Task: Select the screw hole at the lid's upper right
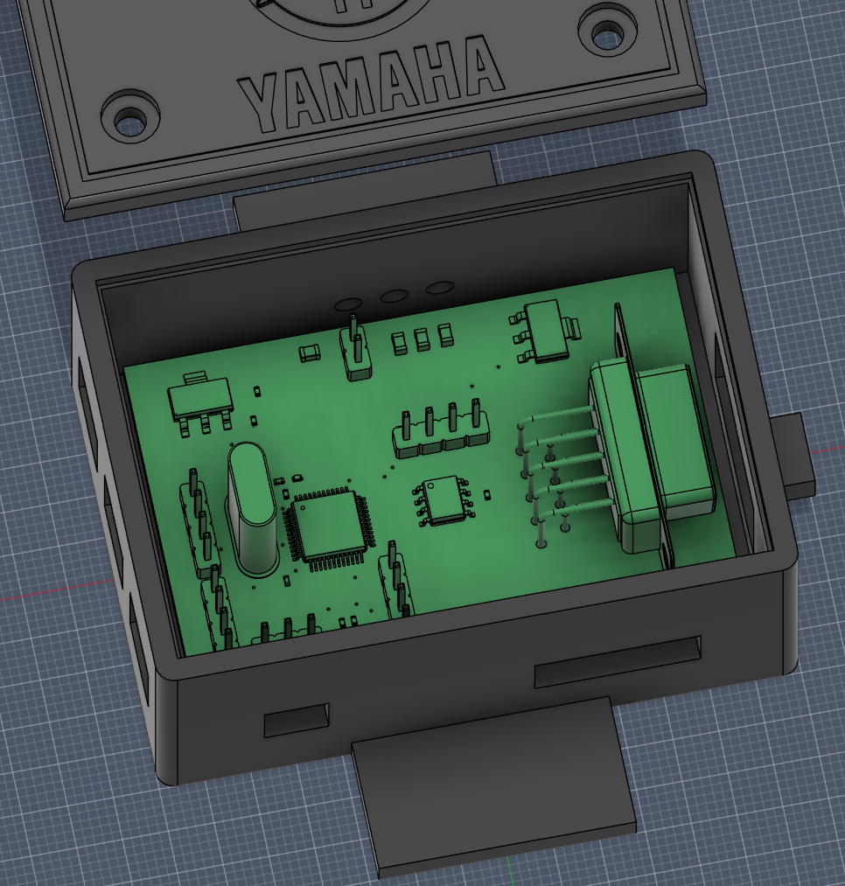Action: [x=609, y=30]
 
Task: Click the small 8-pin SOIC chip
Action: [x=444, y=500]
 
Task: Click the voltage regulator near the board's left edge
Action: [x=198, y=403]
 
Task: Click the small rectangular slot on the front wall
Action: [x=297, y=720]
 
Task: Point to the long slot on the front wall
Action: [x=617, y=661]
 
